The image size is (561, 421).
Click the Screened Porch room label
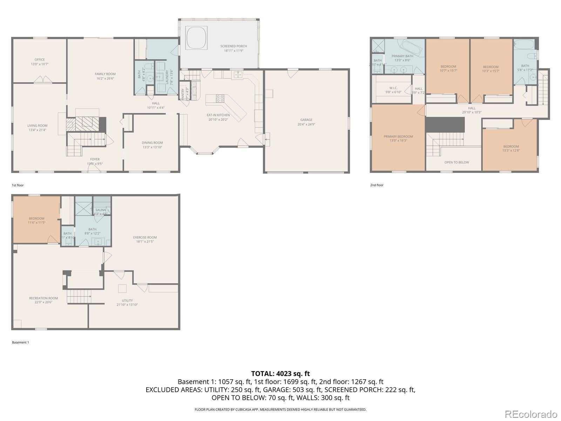coord(234,46)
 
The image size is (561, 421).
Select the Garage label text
coord(306,120)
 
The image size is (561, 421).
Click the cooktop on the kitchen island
coord(220,99)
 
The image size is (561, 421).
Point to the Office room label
coord(40,60)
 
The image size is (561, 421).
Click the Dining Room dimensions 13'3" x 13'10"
coord(152,147)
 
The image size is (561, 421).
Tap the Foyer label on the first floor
coord(95,159)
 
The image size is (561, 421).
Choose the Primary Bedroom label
coord(398,136)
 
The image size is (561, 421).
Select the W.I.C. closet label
coord(393,88)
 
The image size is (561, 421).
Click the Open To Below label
coord(457,162)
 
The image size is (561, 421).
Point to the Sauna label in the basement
coord(101,210)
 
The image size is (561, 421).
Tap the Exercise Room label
coord(145,238)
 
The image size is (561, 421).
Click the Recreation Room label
coord(43,298)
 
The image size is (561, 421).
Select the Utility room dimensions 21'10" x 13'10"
coord(127,305)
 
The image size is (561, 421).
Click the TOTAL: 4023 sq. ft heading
coord(280,374)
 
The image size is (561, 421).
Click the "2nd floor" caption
coord(377,185)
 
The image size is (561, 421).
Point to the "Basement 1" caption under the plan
coord(20,342)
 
